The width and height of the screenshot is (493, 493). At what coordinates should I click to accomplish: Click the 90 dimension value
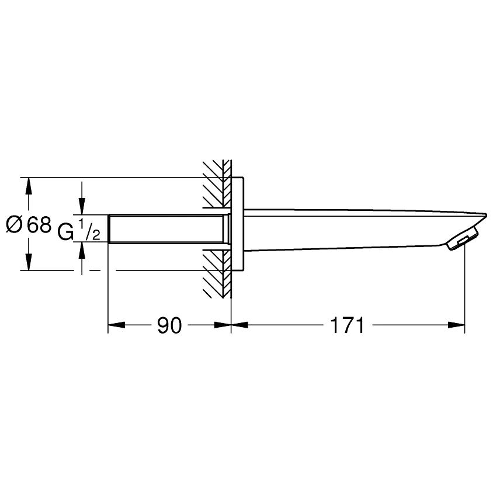[x=169, y=325]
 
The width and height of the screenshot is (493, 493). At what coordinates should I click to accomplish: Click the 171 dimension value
[x=347, y=325]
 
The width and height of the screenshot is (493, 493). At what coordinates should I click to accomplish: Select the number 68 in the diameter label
[x=39, y=225]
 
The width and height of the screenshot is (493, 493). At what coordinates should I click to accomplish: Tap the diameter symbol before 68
[x=15, y=225]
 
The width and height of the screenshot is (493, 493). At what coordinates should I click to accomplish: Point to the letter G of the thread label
[x=65, y=232]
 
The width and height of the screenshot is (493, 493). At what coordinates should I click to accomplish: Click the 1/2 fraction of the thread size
[x=89, y=230]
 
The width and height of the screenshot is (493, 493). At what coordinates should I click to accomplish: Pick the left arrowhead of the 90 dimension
[x=116, y=325]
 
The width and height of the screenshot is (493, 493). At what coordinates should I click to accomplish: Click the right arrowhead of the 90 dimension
[x=223, y=325]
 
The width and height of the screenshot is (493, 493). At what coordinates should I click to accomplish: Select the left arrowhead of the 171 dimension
[x=239, y=325]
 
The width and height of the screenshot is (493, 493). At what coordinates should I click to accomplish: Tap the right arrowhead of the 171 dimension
[x=456, y=325]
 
